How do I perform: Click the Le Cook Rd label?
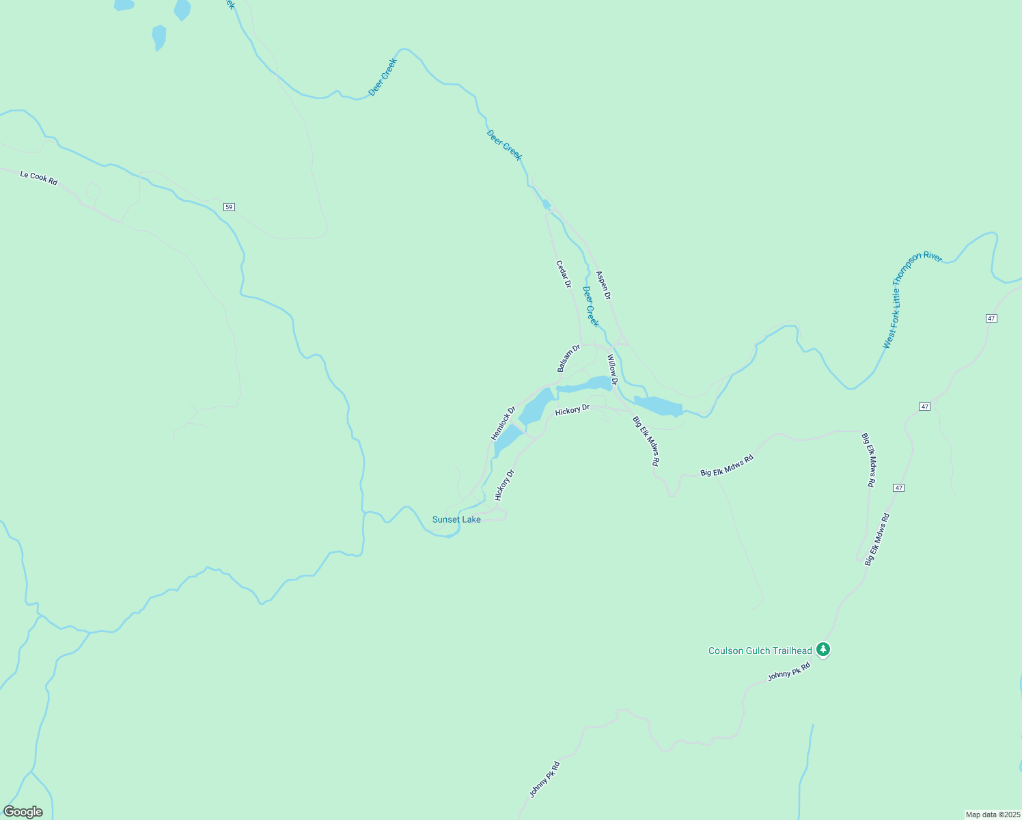click(x=39, y=177)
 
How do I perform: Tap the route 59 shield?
click(x=229, y=207)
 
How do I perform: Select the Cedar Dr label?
click(x=564, y=274)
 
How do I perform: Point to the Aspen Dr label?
click(x=603, y=285)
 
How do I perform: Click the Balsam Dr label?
click(x=568, y=358)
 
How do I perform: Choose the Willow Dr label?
click(x=612, y=370)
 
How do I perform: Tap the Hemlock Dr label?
click(x=503, y=423)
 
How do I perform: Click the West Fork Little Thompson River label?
click(x=912, y=299)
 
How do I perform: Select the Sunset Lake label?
click(x=456, y=519)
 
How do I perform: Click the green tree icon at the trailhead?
click(x=824, y=649)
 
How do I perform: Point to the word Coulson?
click(x=724, y=651)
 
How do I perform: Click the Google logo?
click(x=23, y=812)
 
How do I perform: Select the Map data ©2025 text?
click(x=992, y=815)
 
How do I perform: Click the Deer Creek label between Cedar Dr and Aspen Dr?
click(x=590, y=306)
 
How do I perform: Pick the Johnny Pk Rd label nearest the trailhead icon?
click(x=788, y=671)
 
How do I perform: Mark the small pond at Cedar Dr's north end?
click(x=546, y=204)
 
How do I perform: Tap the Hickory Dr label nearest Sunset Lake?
click(x=504, y=485)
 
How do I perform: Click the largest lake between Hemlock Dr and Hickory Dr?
click(x=536, y=407)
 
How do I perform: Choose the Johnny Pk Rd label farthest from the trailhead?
click(x=544, y=779)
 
